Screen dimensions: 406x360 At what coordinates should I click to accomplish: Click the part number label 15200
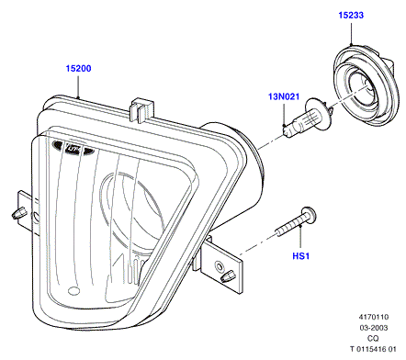[79, 68]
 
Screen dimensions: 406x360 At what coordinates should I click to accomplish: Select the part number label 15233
[351, 15]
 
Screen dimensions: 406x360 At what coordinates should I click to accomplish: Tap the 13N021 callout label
[284, 96]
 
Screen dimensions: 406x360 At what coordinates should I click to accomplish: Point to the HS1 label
[301, 255]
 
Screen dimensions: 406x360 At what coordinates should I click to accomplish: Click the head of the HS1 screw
[309, 215]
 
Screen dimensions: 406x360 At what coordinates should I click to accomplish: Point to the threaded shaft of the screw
[288, 228]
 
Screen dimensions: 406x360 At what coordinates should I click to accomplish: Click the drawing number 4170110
[374, 317]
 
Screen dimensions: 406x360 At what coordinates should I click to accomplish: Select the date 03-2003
[374, 328]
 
